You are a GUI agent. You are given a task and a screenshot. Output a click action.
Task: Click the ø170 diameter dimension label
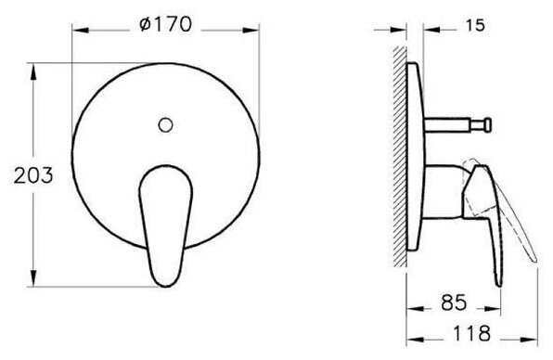(x=165, y=25)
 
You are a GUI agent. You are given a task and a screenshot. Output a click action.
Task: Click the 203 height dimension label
(x=33, y=175)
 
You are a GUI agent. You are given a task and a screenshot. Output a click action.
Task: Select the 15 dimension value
(x=475, y=26)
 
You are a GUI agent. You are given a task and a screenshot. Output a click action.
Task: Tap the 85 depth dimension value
(x=454, y=302)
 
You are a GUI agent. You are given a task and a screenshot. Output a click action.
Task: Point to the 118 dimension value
(x=471, y=333)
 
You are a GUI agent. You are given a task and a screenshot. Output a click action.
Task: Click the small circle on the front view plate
(x=165, y=125)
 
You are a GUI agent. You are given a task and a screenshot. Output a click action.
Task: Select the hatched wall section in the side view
(x=400, y=157)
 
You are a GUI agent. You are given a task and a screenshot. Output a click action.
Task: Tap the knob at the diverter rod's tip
(x=487, y=125)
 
